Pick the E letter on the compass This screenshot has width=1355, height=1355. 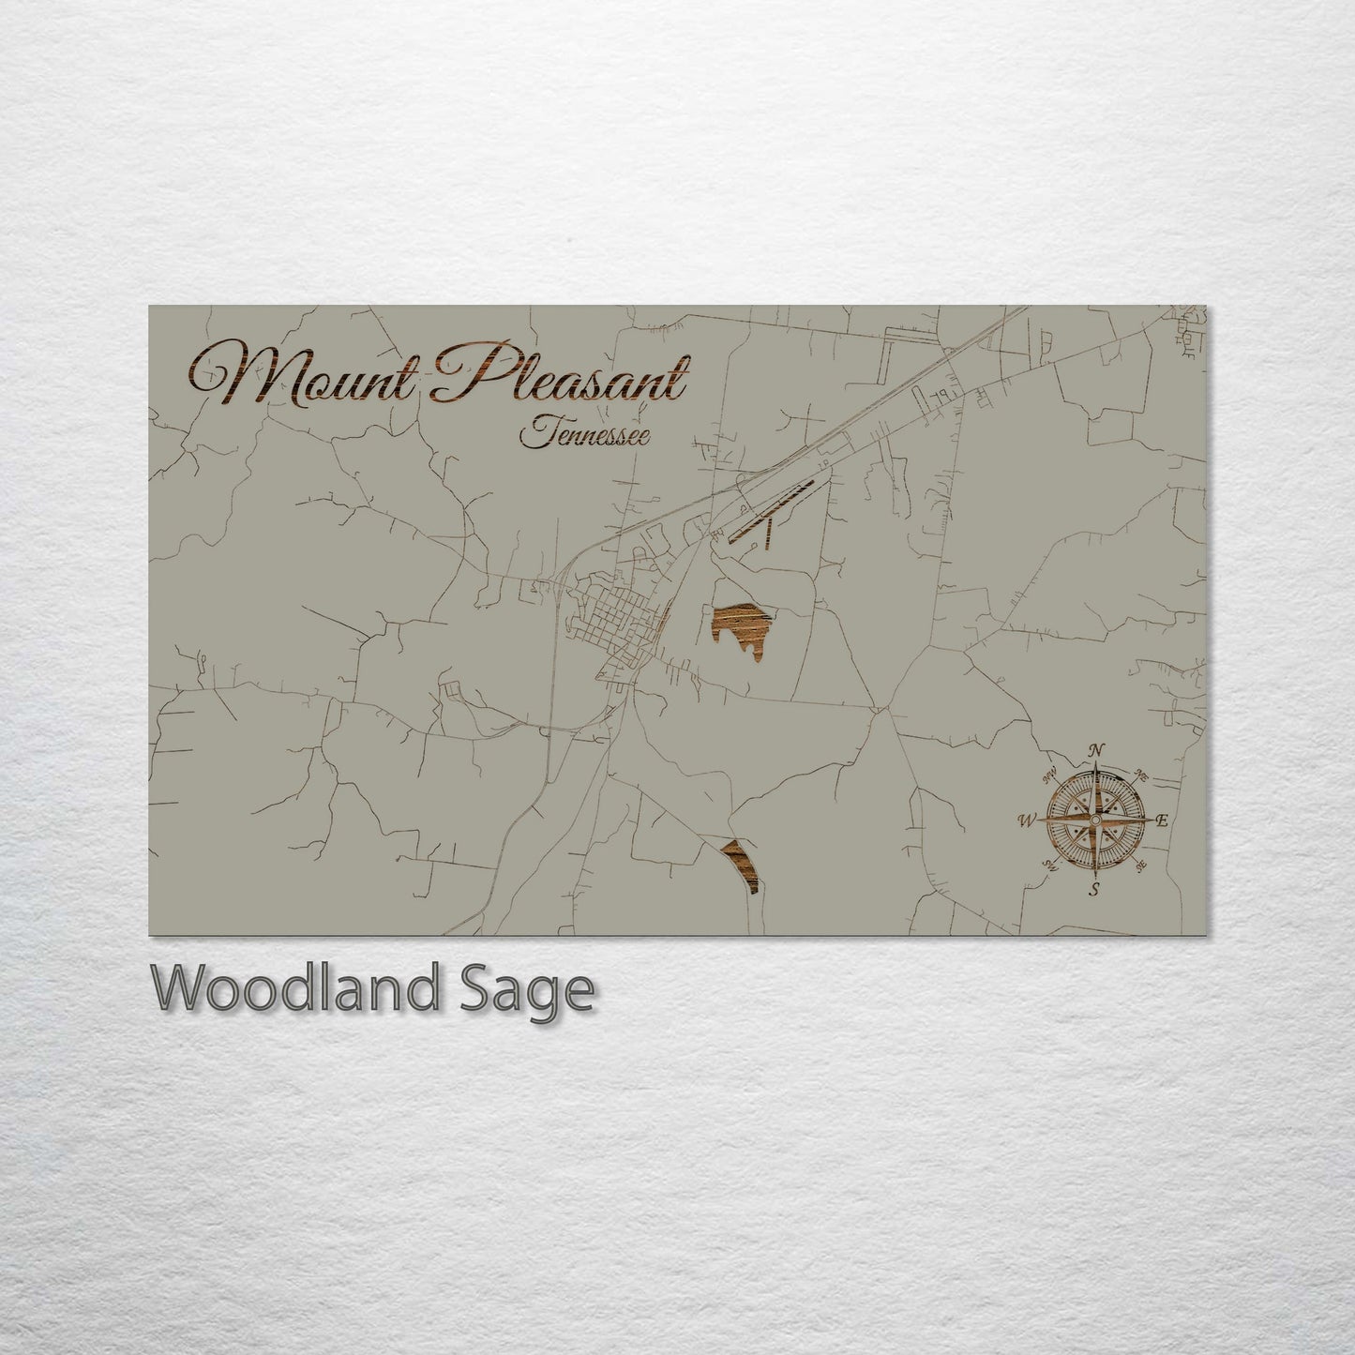pos(1161,821)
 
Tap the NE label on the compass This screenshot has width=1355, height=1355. pos(1141,775)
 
